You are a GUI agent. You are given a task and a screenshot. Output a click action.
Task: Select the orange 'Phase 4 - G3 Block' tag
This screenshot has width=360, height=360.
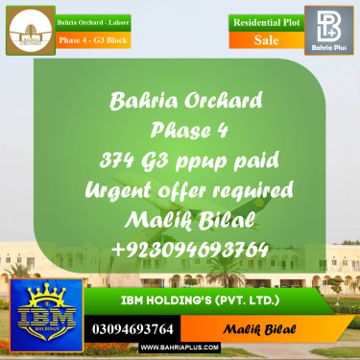pos(93,40)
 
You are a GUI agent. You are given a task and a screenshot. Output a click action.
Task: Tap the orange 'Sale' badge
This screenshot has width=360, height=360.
pos(266,40)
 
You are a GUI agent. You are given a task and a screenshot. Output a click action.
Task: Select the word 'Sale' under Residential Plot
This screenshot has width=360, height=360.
pos(266,40)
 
